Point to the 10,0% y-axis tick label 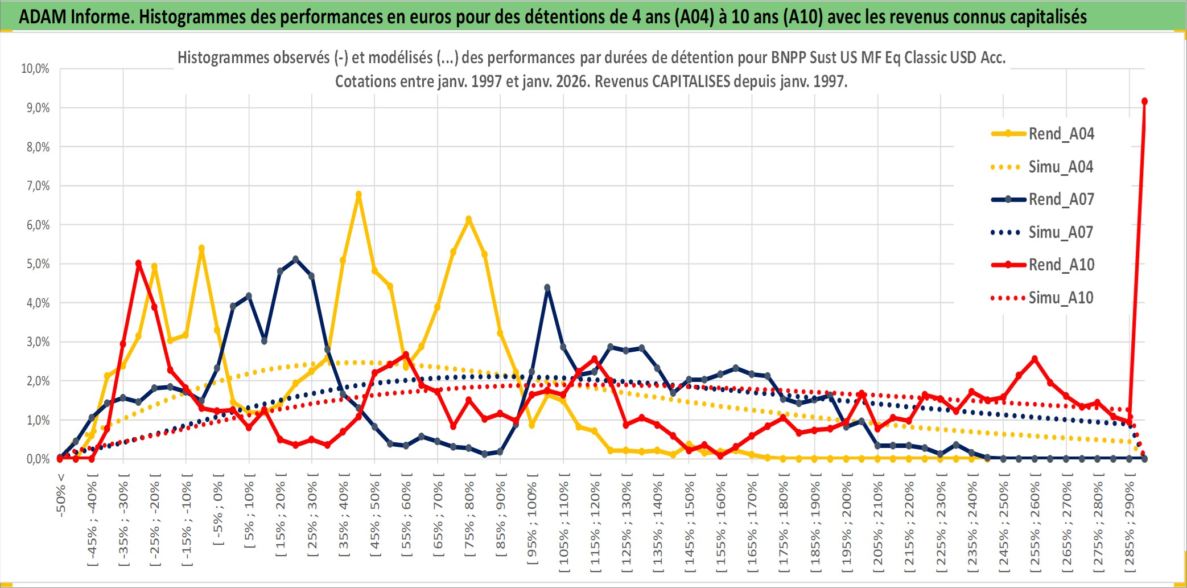click(35, 69)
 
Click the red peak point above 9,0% click(1144, 101)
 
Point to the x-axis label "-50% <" click(61, 495)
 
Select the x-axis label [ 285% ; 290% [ click(1130, 527)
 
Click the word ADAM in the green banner click(43, 17)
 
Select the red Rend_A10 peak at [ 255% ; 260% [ click(1034, 359)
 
